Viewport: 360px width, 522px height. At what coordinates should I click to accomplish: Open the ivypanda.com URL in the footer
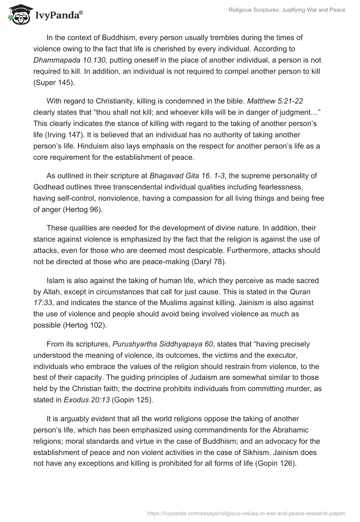coord(246,512)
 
